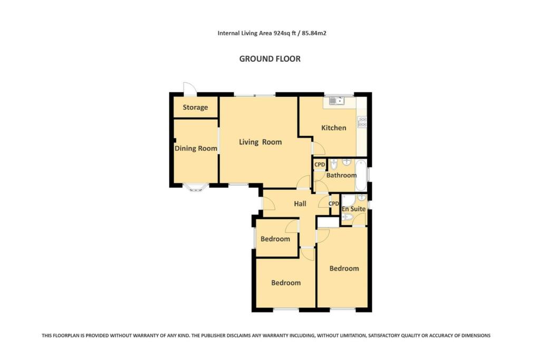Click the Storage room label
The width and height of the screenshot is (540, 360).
195,108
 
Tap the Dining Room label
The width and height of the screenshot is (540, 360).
196,149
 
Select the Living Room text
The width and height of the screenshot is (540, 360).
260,142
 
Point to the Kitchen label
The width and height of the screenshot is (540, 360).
334,128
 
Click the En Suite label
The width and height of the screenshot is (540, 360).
353,209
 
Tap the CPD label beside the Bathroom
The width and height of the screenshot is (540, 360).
320,164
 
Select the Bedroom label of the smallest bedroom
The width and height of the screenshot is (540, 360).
275,239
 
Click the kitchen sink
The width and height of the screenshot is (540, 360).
336,100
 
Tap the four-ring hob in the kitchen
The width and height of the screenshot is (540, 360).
362,122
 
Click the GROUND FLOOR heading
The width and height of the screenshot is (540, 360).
270,59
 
